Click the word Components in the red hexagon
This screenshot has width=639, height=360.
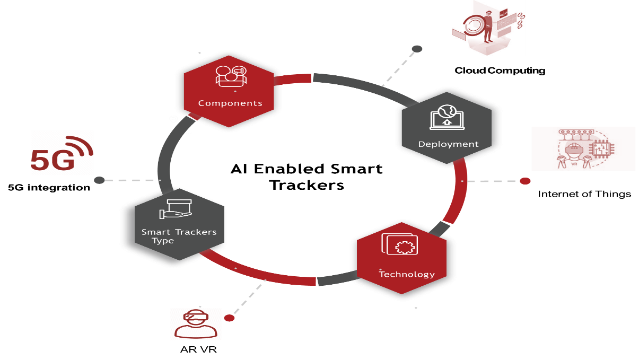(x=230, y=103)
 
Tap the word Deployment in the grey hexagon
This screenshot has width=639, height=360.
(x=448, y=144)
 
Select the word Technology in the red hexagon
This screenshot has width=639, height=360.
(x=407, y=274)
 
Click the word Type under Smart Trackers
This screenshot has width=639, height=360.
(x=163, y=241)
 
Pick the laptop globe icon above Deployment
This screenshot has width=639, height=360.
(x=447, y=117)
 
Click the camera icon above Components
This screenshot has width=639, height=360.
(x=231, y=75)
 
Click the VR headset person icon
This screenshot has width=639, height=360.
(x=196, y=323)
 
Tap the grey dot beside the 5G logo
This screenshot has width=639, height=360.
(x=99, y=180)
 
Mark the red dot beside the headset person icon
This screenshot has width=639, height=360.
(x=229, y=318)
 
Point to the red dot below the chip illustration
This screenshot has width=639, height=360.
(x=525, y=181)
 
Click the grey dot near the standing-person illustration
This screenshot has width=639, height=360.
(x=417, y=49)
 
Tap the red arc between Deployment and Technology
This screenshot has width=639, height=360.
(x=458, y=191)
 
